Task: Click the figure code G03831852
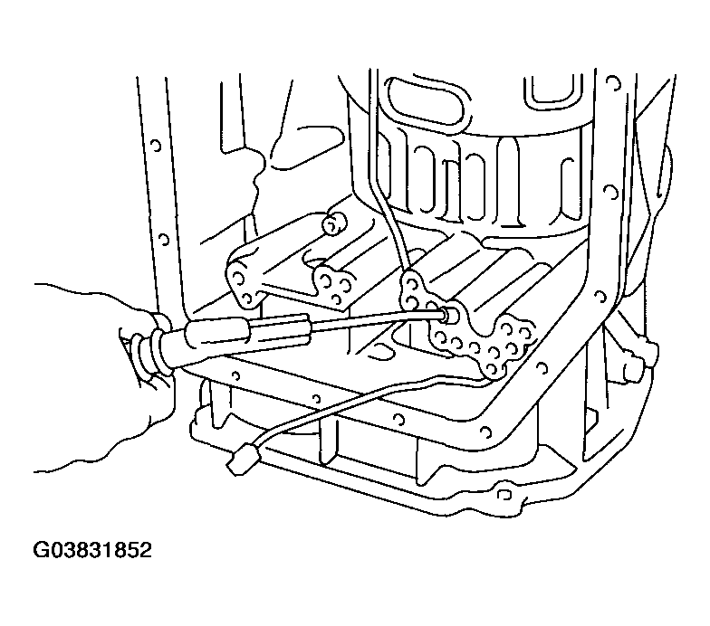(92, 550)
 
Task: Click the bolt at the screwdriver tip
(450, 313)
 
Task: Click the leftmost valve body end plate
(245, 282)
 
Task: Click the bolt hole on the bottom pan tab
(503, 494)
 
